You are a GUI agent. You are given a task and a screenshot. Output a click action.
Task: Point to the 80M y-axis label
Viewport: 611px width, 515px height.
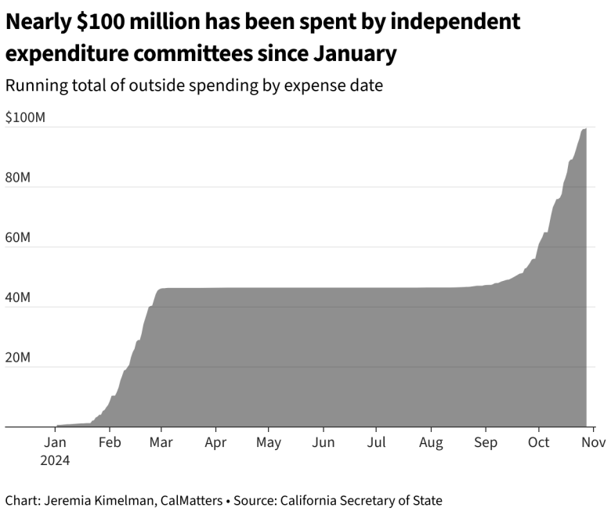[18, 178]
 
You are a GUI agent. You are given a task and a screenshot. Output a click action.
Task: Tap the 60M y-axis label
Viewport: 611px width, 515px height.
[18, 237]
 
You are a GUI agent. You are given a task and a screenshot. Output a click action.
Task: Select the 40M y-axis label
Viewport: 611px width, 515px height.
[18, 297]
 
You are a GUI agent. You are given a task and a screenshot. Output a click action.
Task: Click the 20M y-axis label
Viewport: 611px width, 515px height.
[18, 358]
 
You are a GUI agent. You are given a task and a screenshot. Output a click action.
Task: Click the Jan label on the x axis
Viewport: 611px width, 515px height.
[55, 442]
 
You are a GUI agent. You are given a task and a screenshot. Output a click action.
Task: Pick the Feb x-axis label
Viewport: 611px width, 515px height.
[110, 442]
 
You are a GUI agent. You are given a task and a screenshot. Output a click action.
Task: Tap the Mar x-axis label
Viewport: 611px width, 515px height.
[161, 442]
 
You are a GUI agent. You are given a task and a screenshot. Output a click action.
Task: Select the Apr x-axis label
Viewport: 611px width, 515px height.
[215, 442]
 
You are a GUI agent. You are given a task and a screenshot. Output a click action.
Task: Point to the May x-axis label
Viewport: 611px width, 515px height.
[269, 442]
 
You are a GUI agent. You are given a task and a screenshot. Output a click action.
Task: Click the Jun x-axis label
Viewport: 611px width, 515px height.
[323, 442]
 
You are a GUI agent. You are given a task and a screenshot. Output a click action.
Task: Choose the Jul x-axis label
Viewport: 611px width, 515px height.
[376, 442]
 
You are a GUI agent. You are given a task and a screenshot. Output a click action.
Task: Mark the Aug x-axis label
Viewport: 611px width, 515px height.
[431, 442]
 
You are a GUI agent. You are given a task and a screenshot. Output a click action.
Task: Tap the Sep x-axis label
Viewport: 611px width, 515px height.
[486, 442]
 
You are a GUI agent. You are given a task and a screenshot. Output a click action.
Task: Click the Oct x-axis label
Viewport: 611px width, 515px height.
[538, 442]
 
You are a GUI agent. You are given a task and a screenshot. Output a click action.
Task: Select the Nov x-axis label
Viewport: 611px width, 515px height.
[593, 442]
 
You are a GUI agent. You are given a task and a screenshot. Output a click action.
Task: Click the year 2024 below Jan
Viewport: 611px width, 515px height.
[55, 460]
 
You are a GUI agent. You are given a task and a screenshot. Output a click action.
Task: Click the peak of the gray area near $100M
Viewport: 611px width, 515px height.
[585, 129]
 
